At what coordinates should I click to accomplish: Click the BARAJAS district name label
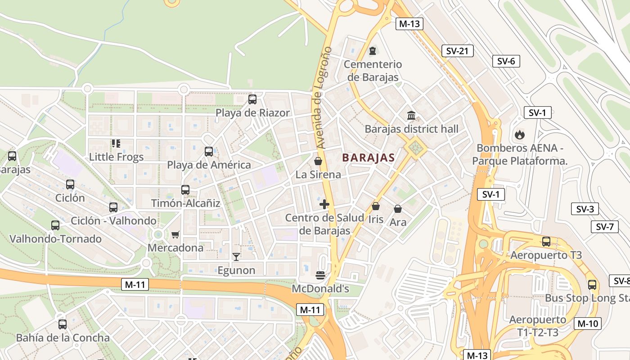(368, 158)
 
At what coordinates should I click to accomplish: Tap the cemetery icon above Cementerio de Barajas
(372, 50)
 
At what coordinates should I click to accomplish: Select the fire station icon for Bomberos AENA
(519, 134)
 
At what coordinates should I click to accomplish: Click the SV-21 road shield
(457, 51)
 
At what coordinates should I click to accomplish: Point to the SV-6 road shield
(506, 61)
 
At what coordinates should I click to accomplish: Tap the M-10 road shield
(587, 323)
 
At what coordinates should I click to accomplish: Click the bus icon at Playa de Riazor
(252, 99)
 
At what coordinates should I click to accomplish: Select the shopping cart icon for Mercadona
(175, 234)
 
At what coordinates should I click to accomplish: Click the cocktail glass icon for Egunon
(236, 257)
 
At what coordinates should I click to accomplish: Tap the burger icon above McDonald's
(320, 275)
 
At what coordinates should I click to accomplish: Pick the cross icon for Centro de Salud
(324, 204)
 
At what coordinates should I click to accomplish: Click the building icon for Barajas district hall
(411, 116)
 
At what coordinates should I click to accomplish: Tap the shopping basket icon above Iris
(375, 206)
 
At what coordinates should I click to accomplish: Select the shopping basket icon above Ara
(398, 209)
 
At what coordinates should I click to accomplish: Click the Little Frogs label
(116, 157)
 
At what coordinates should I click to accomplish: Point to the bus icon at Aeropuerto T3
(546, 242)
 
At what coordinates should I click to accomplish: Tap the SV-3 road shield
(585, 209)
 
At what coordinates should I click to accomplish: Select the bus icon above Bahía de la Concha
(63, 324)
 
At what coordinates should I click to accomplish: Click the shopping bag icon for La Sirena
(318, 161)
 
